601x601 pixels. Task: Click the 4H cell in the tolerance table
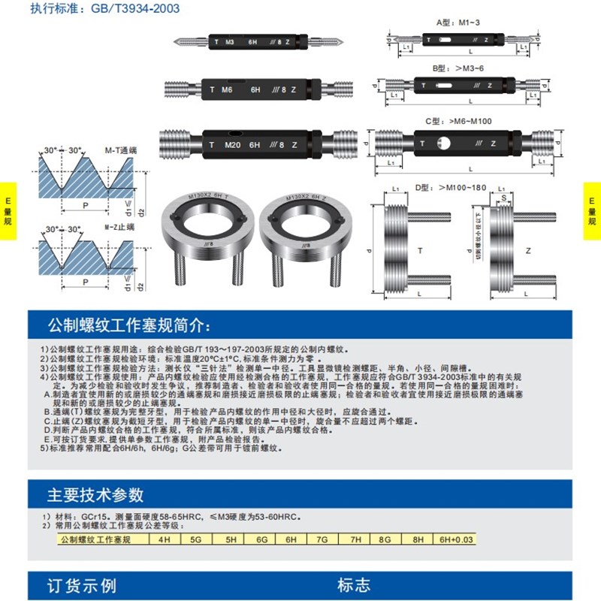165,539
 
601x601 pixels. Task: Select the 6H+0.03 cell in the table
453,539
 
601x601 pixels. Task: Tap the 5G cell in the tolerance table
197,539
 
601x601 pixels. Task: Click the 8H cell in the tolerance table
417,539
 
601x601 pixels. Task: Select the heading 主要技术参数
95,495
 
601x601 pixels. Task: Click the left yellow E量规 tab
8,211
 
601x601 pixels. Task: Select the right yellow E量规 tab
592,211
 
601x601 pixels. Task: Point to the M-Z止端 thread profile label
119,228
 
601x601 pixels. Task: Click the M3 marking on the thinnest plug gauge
230,41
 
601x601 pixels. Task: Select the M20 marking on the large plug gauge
234,144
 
